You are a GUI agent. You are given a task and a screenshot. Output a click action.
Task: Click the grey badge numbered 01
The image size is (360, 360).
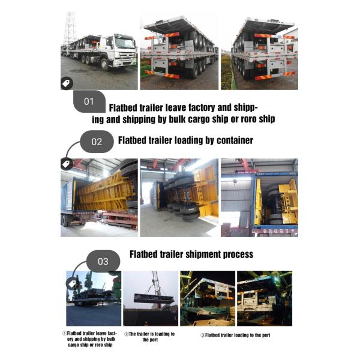click(89, 101)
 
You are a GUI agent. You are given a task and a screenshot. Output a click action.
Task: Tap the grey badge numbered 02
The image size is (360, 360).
click(97, 142)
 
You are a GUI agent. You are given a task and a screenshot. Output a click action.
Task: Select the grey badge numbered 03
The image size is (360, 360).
click(103, 261)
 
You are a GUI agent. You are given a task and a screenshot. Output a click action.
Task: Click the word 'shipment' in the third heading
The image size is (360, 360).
click(203, 254)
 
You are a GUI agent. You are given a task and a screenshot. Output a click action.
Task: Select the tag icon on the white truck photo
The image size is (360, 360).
click(67, 83)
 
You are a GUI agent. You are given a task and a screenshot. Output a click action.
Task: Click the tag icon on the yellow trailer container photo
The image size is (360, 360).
click(67, 164)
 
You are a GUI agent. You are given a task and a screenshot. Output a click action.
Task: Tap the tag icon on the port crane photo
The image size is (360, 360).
click(72, 284)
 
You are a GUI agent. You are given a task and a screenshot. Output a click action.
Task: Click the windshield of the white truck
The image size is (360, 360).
click(125, 43)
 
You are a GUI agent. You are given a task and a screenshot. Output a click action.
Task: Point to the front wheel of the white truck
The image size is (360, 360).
click(104, 65)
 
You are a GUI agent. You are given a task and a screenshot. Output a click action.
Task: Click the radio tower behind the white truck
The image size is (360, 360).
click(70, 28)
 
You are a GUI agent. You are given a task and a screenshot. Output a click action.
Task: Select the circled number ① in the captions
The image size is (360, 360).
click(65, 334)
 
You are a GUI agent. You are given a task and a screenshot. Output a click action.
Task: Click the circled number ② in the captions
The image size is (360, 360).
click(126, 334)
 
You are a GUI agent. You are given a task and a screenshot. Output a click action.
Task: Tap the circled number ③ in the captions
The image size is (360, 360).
click(203, 335)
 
